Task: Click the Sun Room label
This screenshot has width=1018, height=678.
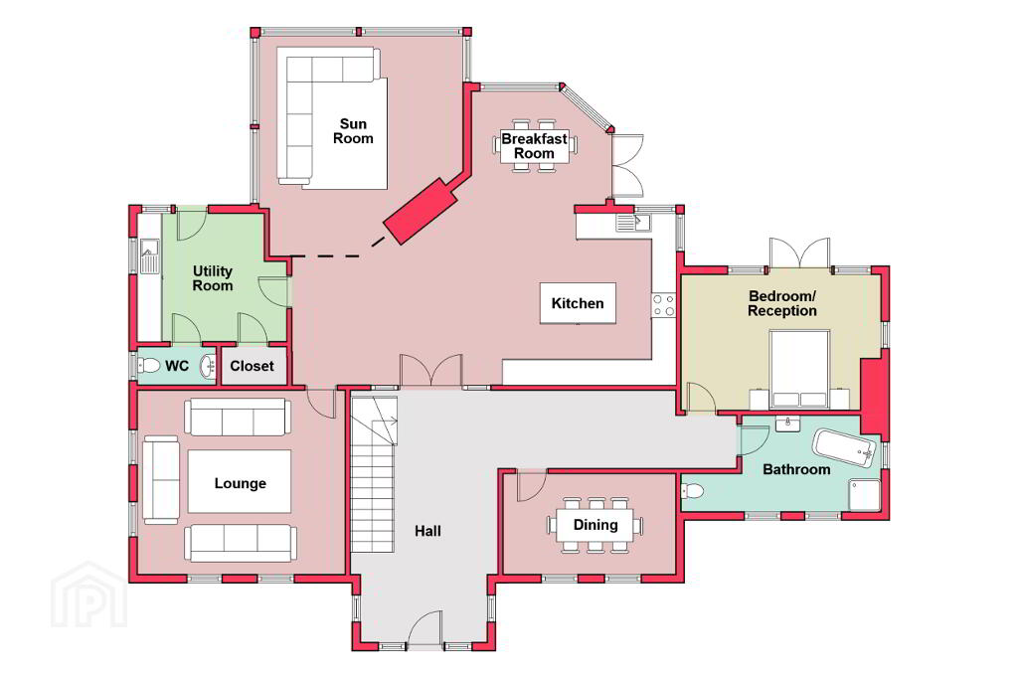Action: click(x=353, y=131)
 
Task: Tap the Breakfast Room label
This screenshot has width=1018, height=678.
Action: click(x=534, y=146)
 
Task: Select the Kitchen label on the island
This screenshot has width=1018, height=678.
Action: click(x=578, y=303)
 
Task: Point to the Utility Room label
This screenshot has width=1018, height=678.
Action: click(x=213, y=278)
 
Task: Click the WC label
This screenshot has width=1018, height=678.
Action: click(x=177, y=366)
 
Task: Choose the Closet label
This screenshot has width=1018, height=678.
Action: click(x=252, y=366)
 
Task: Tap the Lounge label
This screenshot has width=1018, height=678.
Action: click(x=241, y=483)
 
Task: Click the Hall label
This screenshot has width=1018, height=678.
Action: click(x=427, y=531)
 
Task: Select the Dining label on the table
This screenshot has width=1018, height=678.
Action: click(x=595, y=525)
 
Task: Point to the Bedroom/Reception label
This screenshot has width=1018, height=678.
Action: click(x=781, y=303)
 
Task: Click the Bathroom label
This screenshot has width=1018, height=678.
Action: click(x=796, y=469)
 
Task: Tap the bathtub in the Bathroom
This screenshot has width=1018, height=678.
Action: click(x=845, y=447)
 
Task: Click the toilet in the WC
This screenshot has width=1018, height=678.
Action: click(x=149, y=366)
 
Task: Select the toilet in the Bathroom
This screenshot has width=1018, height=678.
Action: click(x=692, y=491)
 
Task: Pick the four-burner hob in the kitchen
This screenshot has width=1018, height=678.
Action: click(x=663, y=305)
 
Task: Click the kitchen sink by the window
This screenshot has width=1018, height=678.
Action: click(x=633, y=223)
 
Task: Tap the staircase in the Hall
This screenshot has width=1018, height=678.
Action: click(x=374, y=475)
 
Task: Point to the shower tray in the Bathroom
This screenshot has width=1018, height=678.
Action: click(x=864, y=495)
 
